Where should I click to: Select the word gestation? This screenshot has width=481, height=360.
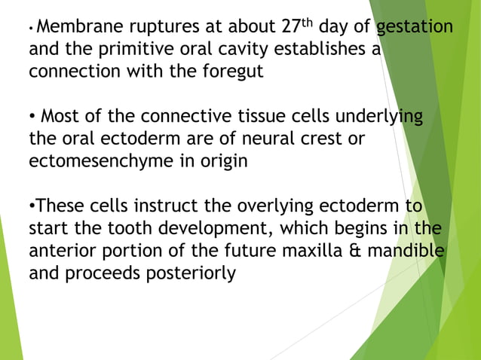click(415, 29)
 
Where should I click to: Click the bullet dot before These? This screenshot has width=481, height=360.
click(32, 206)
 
